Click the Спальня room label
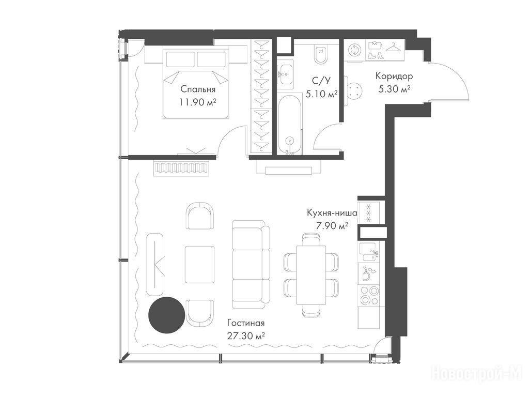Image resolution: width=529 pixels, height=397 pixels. coord(198,89)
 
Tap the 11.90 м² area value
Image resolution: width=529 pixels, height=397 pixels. coord(198,102)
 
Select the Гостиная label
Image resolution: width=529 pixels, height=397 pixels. coord(245,323)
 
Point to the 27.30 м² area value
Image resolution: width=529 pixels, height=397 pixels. coord(245,336)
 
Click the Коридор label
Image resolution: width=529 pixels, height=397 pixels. coord(394,77)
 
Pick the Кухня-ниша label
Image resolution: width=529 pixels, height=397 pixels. coord(332,213)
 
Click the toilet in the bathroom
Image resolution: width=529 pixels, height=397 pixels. coord(320,54)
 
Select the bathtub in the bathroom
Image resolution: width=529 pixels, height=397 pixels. coord(289,125)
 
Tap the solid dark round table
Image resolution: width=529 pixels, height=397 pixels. coord(167,315)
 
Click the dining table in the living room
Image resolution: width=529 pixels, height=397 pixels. coord(311,275)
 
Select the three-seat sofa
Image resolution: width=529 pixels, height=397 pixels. coord(251,264)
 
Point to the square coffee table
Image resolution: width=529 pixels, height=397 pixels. coord(199,265)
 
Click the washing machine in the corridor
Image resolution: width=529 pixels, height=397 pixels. coord(355,50)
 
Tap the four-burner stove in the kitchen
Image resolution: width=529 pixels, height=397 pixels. coord(369,295)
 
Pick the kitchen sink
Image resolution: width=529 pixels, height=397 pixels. coord(369,252)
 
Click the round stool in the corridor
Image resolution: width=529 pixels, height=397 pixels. coord(355,91)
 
